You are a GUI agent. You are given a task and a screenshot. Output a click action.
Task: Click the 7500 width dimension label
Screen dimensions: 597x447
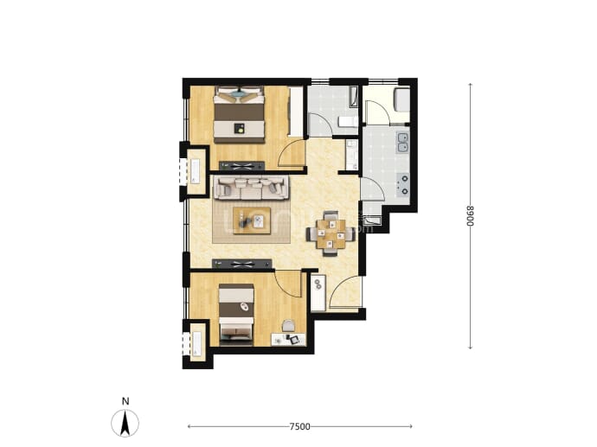299,426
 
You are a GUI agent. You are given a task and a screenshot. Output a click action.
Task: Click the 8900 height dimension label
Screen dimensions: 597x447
471,215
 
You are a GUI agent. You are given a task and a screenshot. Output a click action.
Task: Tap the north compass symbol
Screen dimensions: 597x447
125,423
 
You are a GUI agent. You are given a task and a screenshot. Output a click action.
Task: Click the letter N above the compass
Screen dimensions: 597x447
125,401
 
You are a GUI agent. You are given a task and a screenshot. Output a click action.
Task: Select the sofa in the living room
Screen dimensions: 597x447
251,188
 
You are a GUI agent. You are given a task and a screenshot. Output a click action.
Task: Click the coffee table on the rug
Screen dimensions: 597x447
252,220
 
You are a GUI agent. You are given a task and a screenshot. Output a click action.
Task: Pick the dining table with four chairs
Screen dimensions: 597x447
331,233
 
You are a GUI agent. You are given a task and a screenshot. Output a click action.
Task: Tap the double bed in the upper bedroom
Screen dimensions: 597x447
239,114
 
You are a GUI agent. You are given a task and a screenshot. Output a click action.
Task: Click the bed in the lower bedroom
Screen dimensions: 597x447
236,314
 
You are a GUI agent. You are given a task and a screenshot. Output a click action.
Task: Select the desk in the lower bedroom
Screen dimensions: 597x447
288,339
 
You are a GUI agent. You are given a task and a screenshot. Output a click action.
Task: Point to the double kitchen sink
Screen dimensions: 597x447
402,143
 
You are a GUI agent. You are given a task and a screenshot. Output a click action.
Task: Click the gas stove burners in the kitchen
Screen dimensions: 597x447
403,184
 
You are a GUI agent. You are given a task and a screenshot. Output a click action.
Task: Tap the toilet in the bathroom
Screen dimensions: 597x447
348,122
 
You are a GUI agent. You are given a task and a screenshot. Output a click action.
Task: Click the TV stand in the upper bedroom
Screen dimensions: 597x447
241,165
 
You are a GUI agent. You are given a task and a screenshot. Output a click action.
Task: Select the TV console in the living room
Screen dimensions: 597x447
241,264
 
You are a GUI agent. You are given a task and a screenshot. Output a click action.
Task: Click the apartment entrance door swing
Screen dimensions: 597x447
344,291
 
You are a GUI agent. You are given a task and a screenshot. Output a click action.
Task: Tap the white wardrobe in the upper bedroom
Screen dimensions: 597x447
295,112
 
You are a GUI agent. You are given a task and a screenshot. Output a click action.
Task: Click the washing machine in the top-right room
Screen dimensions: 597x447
401,99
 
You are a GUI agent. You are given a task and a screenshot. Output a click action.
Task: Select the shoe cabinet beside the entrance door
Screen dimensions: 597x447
318,292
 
